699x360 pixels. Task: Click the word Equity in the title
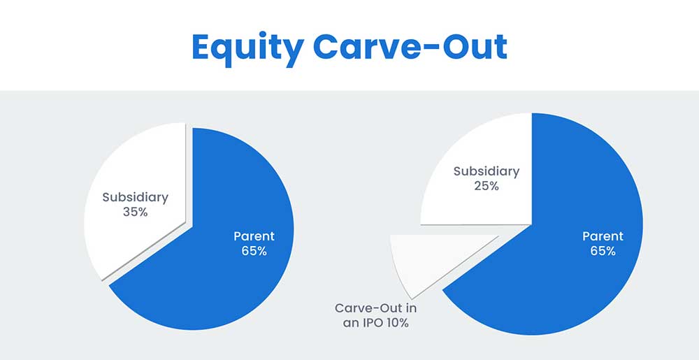[x=247, y=47]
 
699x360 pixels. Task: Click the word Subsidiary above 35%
[x=135, y=197]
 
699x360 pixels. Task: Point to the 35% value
[x=135, y=212]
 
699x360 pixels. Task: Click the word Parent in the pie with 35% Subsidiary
[x=254, y=236]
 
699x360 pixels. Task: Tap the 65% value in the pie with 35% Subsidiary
[x=254, y=251]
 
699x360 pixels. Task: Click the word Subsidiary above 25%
[x=487, y=171]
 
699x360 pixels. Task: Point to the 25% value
[x=486, y=186]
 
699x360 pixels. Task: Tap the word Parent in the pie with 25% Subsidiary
[x=603, y=236]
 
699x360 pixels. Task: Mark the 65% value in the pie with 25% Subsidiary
[x=603, y=251]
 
